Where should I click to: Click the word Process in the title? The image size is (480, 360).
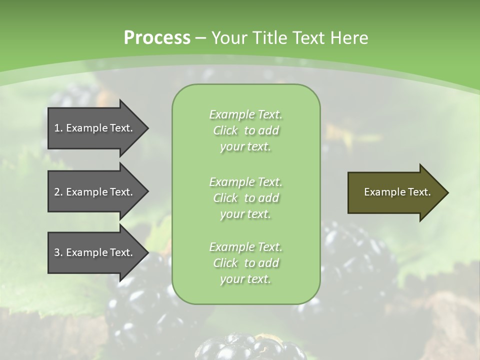coord(157,38)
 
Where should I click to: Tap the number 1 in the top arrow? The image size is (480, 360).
coord(57,128)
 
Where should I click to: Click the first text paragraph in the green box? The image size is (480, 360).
coord(245,130)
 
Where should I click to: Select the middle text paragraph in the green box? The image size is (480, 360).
coord(245,197)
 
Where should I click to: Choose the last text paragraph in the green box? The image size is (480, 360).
coord(245,263)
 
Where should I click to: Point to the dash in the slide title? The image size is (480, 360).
coord(200,38)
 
